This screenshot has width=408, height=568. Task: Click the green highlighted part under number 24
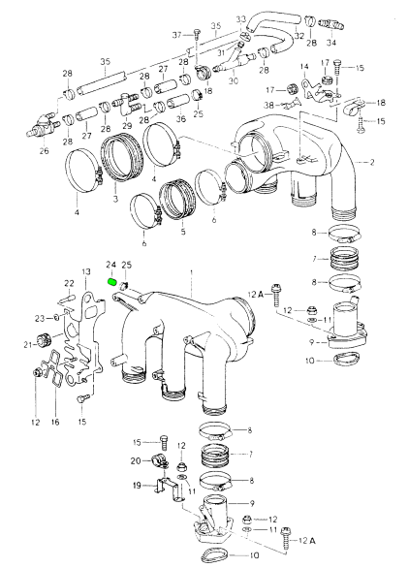point(112,282)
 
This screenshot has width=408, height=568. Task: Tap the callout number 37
point(176,35)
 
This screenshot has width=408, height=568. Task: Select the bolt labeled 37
point(197,35)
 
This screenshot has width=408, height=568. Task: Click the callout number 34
point(331,43)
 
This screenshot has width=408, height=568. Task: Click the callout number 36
point(181,119)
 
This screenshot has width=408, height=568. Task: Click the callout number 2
point(372,162)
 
